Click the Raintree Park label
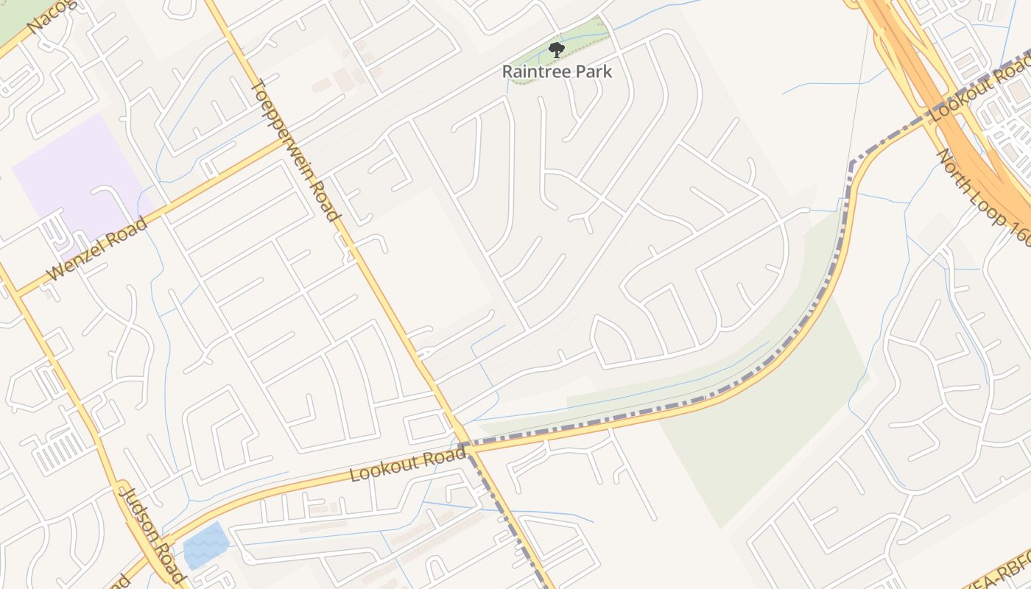pos(557,71)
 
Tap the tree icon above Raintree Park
pos(557,50)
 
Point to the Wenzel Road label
pos(96,249)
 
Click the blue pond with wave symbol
pos(205,546)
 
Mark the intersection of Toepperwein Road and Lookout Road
pos(464,446)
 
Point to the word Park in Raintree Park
pos(594,71)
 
